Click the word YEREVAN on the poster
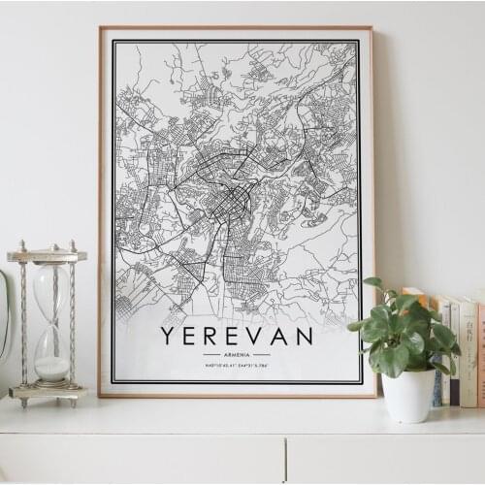(237, 336)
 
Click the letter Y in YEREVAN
(168, 336)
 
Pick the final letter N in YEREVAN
(304, 336)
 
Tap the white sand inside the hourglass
(52, 368)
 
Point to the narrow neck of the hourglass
(51, 320)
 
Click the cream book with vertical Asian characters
(468, 354)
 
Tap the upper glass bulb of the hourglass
(50, 289)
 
